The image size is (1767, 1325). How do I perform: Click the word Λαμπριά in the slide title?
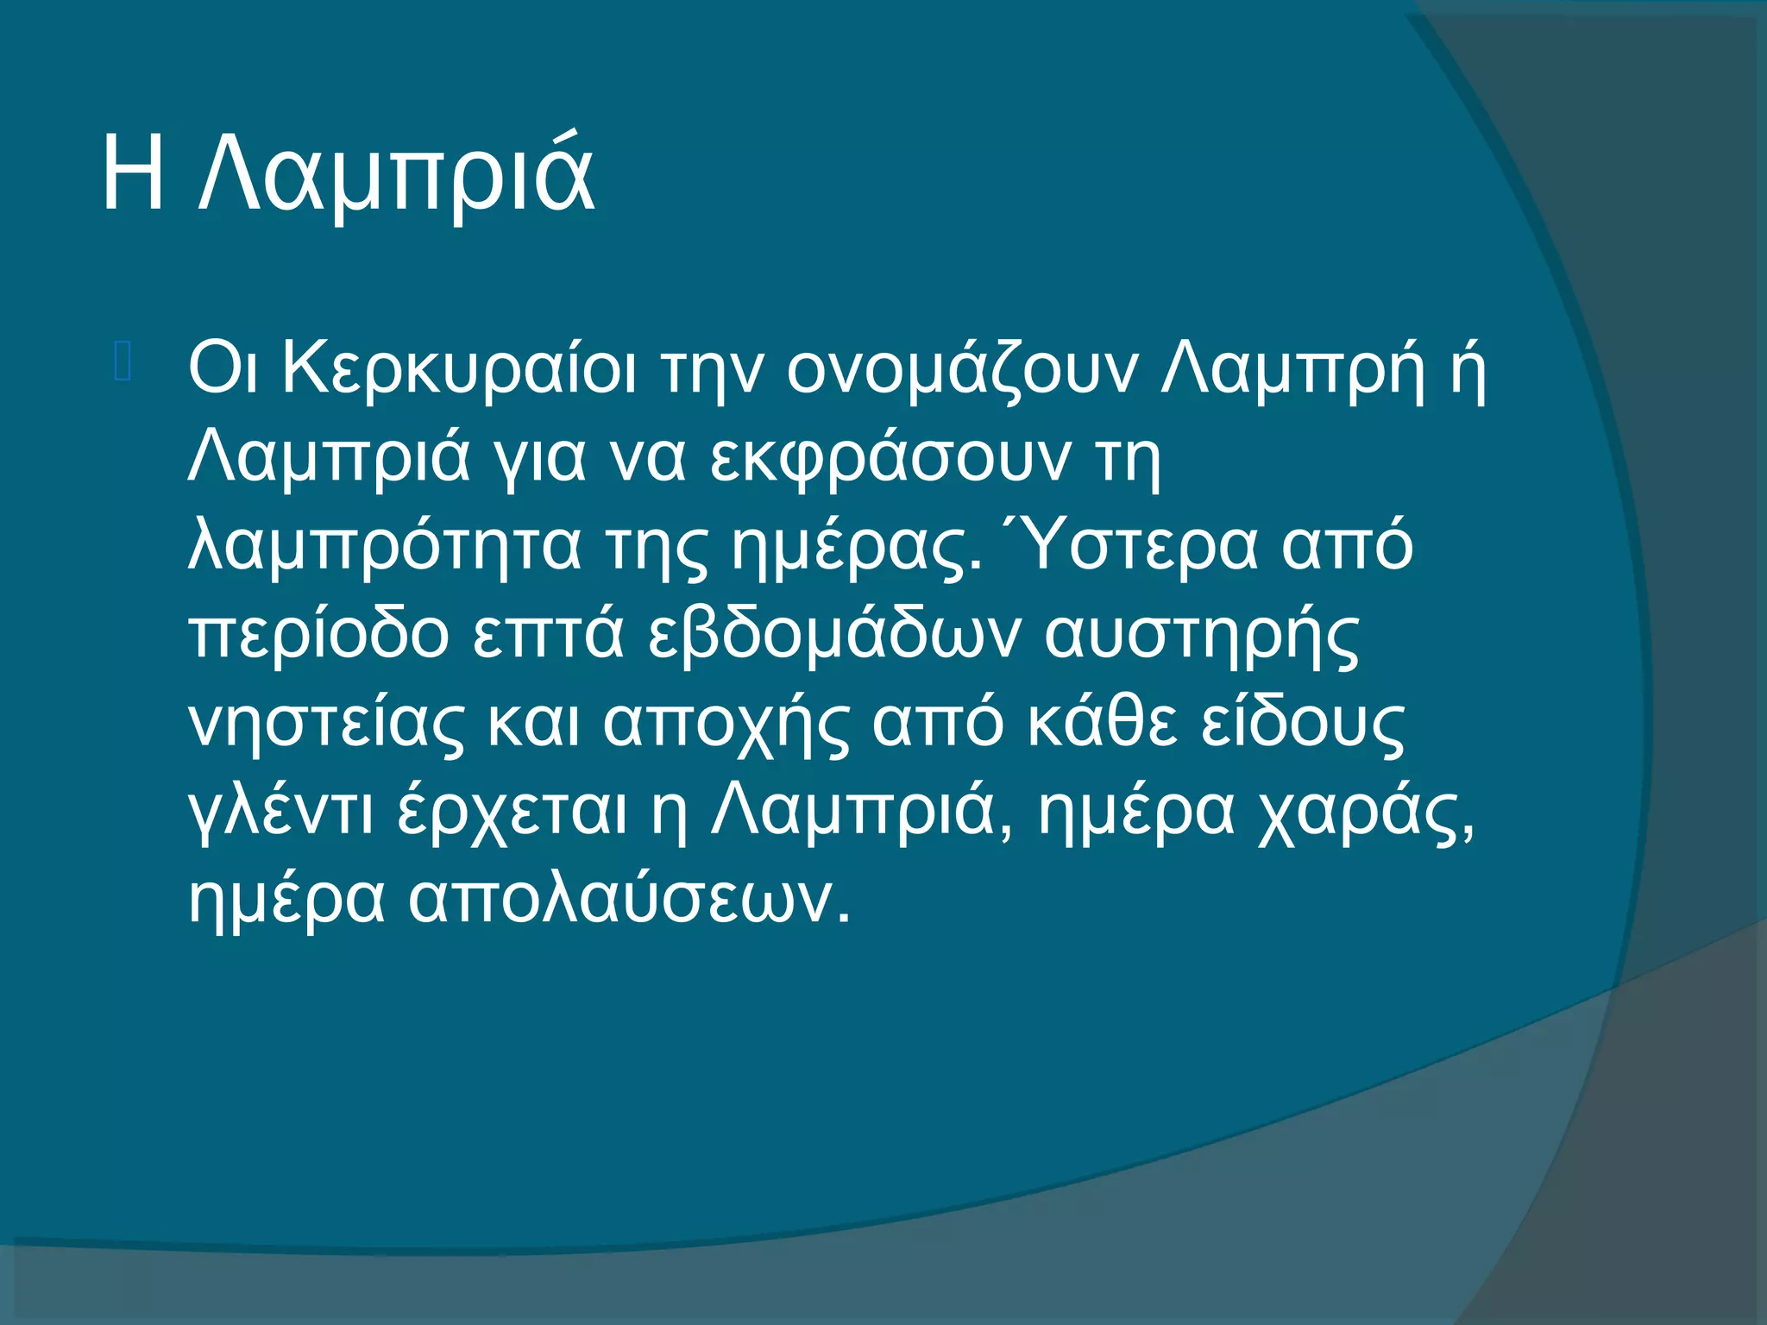pyautogui.click(x=396, y=177)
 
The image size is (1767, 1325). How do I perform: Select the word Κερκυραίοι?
pyautogui.click(x=459, y=369)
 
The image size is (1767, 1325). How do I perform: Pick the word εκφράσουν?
pyautogui.click(x=890, y=458)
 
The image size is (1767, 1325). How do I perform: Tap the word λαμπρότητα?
pyautogui.click(x=385, y=547)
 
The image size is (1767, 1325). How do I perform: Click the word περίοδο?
pyautogui.click(x=318, y=636)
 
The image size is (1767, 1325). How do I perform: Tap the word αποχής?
pyautogui.click(x=726, y=725)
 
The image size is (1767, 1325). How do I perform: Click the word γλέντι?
pyautogui.click(x=280, y=813)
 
